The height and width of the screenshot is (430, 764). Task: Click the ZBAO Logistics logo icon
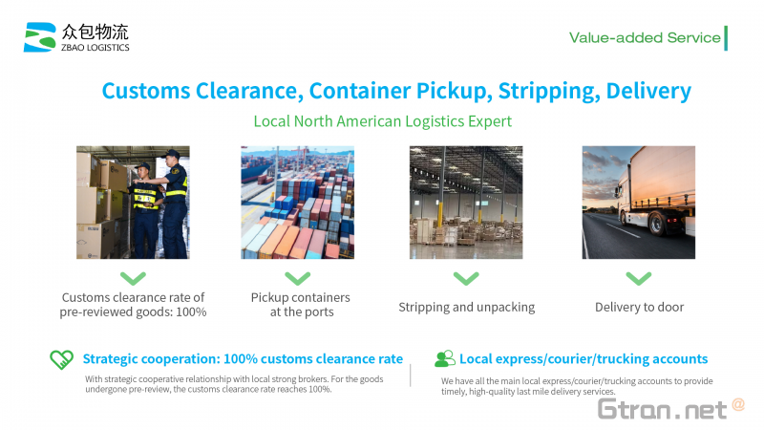(x=40, y=37)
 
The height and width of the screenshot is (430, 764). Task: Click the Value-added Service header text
(x=645, y=38)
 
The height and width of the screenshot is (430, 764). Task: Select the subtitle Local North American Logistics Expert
(x=383, y=121)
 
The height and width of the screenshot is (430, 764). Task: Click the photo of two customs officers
(x=133, y=203)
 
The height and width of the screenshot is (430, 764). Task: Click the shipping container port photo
(x=298, y=203)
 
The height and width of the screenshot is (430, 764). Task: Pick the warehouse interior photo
(x=466, y=203)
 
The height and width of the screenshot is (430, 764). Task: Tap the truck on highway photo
(x=639, y=203)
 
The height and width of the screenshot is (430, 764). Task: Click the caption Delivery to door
(x=639, y=307)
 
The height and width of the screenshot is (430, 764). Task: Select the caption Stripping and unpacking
(x=467, y=307)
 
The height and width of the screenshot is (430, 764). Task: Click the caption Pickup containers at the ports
(x=301, y=305)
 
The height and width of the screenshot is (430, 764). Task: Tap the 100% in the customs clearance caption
(x=191, y=312)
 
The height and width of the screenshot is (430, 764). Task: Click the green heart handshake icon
(x=62, y=360)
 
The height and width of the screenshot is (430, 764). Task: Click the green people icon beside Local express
(x=445, y=359)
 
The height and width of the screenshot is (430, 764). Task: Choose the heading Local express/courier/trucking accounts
(x=584, y=359)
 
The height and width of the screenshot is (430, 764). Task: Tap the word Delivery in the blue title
(x=648, y=91)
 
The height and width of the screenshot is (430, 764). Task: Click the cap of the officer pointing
(x=171, y=155)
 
